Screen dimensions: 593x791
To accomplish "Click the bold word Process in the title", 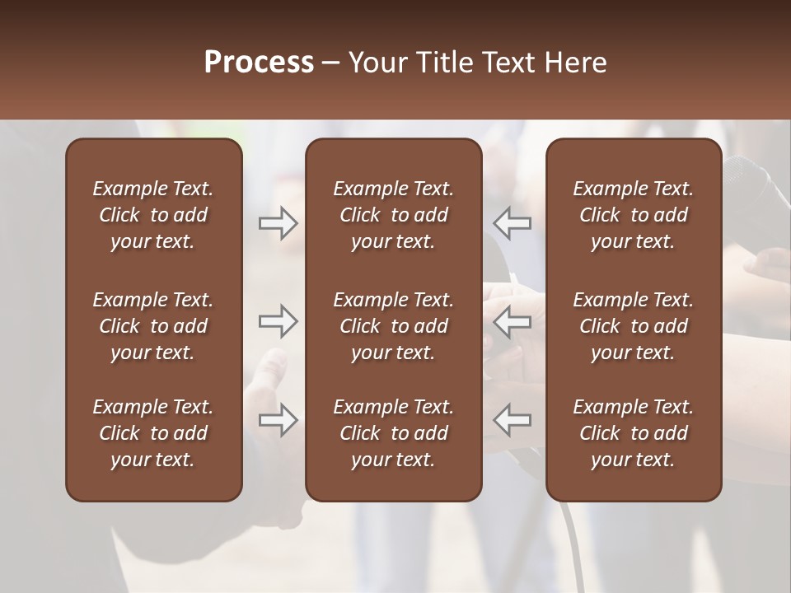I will pos(259,63).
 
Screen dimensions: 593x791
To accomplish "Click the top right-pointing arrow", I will pos(278,223).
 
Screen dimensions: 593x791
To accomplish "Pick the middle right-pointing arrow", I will pos(278,321).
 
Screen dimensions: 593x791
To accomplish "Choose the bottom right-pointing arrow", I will pos(278,420).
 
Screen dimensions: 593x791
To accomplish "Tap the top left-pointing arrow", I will pos(512,223).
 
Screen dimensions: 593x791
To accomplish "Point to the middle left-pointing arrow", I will pos(512,321).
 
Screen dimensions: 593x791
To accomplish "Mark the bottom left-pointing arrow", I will pos(512,420).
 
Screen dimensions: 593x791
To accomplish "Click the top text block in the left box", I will pos(153,215).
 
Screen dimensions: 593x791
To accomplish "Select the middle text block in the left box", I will pos(153,326).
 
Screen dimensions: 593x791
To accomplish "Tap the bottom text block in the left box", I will pos(153,433).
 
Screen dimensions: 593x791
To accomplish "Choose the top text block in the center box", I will pos(393,215).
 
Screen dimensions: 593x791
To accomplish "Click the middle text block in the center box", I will pos(393,326).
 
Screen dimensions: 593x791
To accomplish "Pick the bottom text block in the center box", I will pos(393,433).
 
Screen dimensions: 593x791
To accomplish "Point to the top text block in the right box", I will pos(634,215).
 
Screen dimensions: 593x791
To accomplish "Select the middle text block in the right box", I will pos(634,326).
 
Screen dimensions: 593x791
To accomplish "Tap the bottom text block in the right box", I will pos(634,433).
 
